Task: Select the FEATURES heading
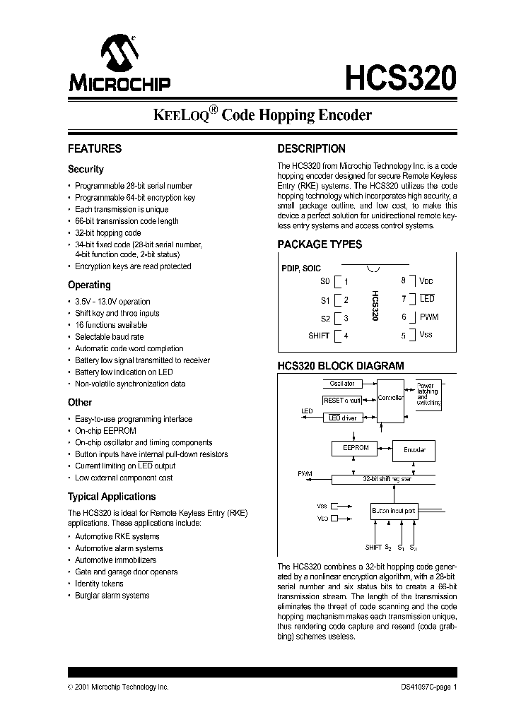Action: (95, 149)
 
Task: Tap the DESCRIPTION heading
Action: (311, 149)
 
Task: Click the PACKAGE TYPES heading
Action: (320, 244)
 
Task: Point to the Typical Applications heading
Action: (112, 497)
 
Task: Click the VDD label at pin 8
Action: (426, 280)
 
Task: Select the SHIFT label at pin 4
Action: (319, 336)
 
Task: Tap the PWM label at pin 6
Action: (429, 317)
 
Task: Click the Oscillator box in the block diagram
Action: (342, 384)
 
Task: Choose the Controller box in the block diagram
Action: (390, 398)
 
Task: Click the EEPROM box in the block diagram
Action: (356, 448)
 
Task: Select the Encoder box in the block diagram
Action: (414, 450)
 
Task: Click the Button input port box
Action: (394, 509)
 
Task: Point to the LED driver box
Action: (342, 418)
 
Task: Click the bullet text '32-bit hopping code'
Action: (108, 232)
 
